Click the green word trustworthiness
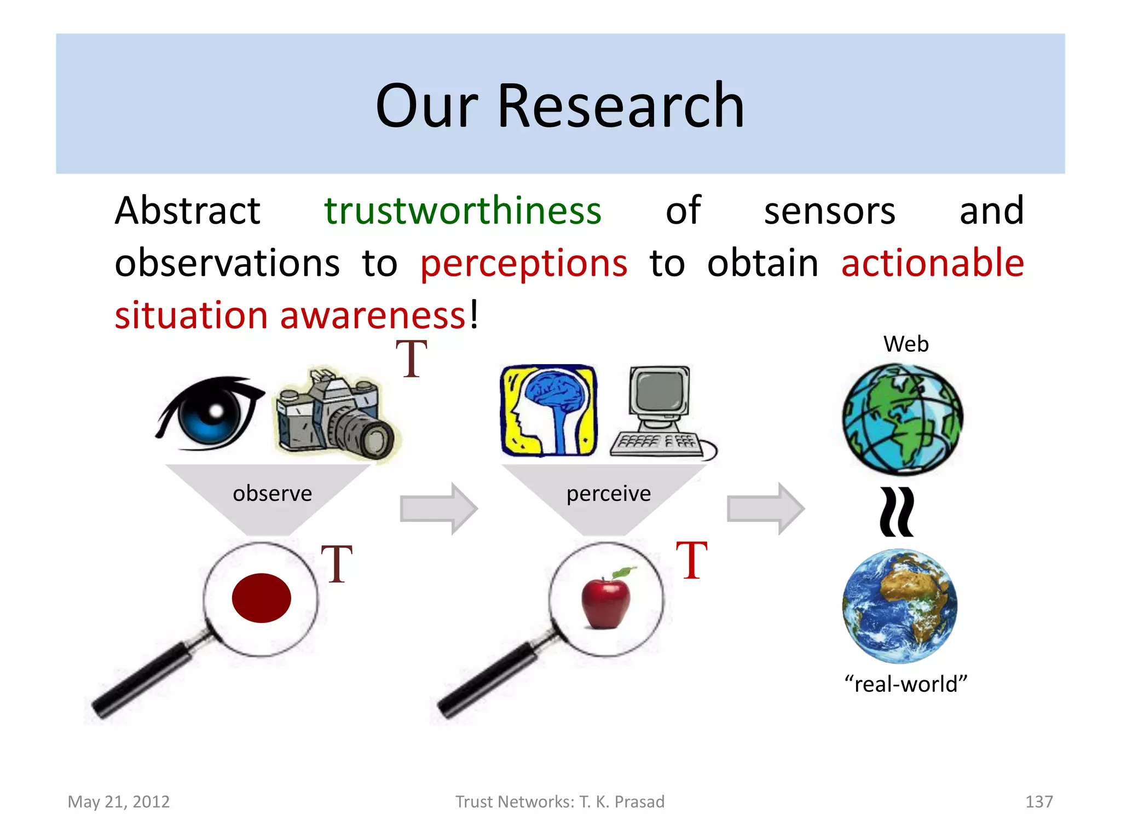(x=463, y=211)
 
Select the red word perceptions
(x=524, y=264)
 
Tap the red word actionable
(x=932, y=262)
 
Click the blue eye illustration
(x=211, y=413)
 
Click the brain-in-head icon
(x=548, y=410)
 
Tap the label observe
(x=272, y=493)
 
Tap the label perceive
(x=609, y=493)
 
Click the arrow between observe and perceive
(x=438, y=509)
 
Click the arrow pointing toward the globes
(x=765, y=509)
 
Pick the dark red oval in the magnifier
(x=261, y=598)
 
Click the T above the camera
(x=411, y=359)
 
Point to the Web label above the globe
(x=906, y=345)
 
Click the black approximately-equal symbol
(x=897, y=512)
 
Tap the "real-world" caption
(x=906, y=684)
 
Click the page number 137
(x=1038, y=802)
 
